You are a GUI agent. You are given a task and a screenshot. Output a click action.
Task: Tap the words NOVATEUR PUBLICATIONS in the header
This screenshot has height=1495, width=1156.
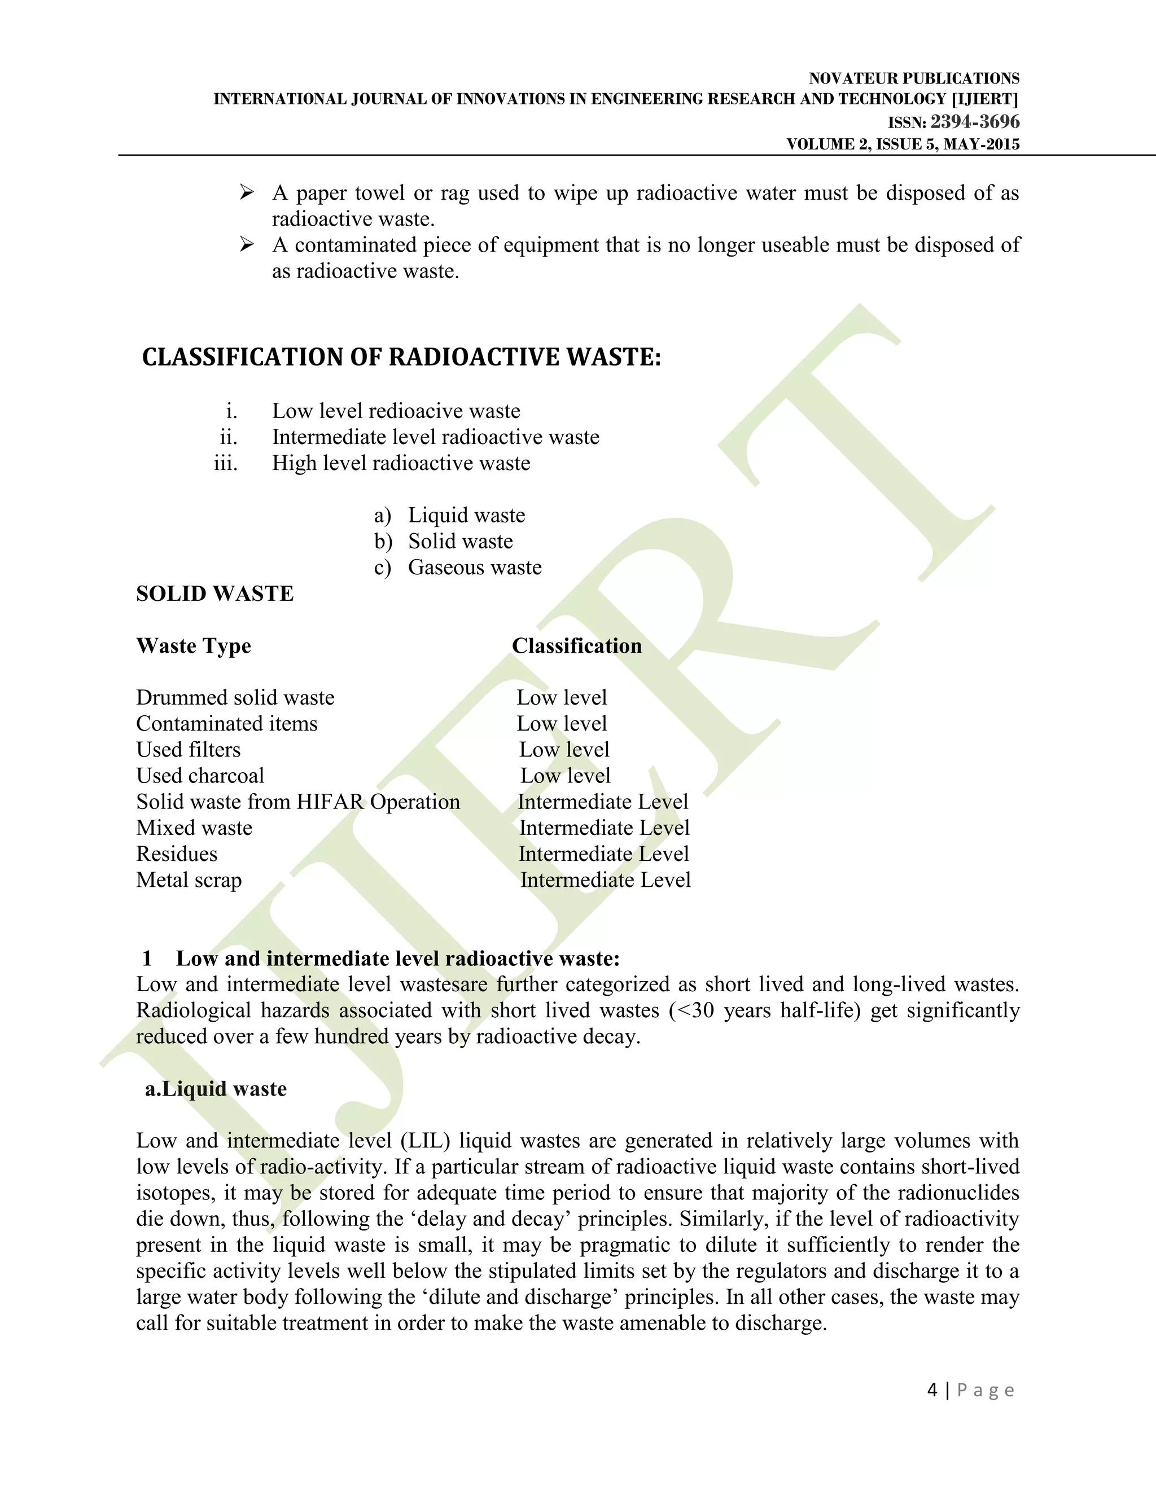pos(914,79)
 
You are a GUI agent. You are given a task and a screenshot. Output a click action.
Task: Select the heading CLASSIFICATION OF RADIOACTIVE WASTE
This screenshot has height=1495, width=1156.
pos(401,357)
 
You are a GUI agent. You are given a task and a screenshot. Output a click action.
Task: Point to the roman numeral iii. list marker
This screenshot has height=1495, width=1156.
pos(226,463)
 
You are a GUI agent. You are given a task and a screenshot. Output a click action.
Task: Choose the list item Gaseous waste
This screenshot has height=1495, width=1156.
pos(475,568)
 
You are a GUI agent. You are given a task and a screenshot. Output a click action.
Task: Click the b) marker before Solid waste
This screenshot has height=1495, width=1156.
pos(383,542)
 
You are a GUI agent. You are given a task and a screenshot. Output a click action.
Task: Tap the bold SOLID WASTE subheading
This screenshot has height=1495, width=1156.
pos(214,593)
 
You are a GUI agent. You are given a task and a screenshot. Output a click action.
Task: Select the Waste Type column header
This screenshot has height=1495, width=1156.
pos(193,645)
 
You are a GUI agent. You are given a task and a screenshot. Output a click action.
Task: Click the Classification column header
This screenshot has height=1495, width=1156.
pos(577,645)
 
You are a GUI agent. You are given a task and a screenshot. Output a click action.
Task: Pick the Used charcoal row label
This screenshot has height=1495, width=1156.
pos(200,776)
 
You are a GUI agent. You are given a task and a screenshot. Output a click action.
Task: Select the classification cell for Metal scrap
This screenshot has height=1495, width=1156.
pos(606,880)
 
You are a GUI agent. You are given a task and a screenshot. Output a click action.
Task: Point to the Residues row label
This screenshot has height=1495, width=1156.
pos(177,854)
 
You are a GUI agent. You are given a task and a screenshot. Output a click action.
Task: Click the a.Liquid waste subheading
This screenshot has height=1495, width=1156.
pos(216,1089)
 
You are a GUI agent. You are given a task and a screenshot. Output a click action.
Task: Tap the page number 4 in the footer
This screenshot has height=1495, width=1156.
pos(932,1390)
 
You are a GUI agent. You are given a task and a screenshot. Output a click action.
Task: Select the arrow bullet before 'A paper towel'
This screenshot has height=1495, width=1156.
pos(247,193)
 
